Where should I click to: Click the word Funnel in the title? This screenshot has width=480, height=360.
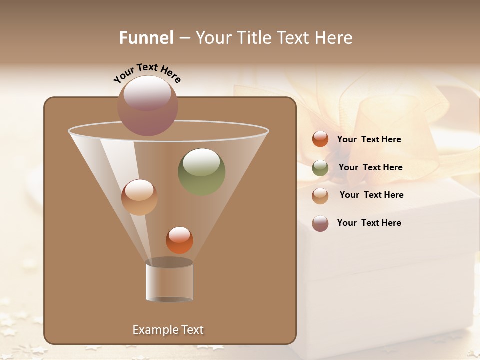146,38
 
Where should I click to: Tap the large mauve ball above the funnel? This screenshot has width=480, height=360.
148,105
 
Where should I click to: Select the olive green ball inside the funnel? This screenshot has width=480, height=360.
201,171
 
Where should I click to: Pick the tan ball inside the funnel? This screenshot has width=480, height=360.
139,197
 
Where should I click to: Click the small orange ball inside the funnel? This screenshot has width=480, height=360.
179,240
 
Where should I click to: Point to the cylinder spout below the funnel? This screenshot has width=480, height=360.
169,281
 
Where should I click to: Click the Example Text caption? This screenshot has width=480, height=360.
168,330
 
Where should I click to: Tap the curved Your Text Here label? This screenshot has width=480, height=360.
147,73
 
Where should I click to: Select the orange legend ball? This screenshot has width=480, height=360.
320,139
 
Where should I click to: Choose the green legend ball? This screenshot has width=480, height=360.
320,167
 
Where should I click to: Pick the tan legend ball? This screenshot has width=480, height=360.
320,195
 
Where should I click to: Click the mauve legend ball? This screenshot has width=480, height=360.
320,223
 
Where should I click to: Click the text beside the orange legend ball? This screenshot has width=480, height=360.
369,140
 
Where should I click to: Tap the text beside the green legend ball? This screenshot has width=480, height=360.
370,168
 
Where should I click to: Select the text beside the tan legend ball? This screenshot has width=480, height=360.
371,195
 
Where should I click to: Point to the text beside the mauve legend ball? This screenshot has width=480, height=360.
369,223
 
